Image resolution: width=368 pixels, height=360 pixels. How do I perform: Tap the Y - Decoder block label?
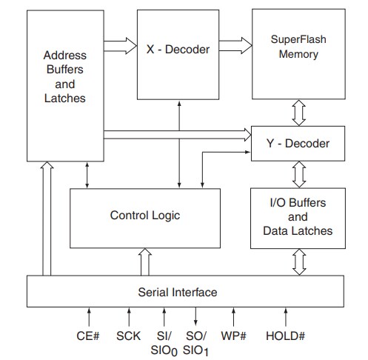pos(298,142)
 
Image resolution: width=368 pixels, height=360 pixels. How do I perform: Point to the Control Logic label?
pos(145,216)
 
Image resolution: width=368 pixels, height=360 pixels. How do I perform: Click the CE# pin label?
pos(88,336)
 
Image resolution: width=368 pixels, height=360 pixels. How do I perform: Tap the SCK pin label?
pos(128,336)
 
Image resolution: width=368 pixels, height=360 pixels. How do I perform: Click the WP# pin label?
pos(233,336)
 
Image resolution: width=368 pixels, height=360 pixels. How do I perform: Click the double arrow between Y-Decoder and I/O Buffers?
pos(298,175)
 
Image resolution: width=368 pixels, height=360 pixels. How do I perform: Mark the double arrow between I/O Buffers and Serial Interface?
pos(298,261)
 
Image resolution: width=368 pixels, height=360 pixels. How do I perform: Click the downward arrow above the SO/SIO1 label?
pos(197,317)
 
